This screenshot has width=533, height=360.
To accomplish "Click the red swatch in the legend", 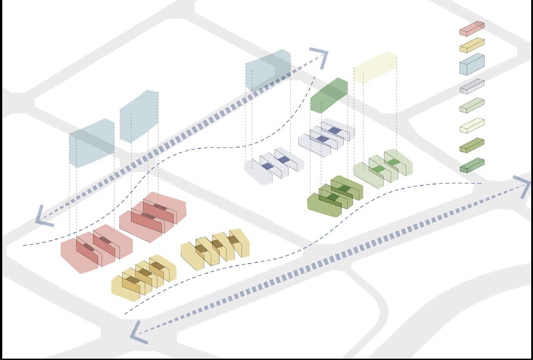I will pyautogui.click(x=472, y=28).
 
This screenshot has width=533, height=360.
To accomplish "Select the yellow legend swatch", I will pyautogui.click(x=472, y=45).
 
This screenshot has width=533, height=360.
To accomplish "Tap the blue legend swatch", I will pyautogui.click(x=472, y=64).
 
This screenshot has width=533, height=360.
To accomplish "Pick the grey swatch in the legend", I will pyautogui.click(x=472, y=86).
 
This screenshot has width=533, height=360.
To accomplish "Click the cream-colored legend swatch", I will pyautogui.click(x=472, y=125).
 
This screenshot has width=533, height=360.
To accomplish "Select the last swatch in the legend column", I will pyautogui.click(x=472, y=165).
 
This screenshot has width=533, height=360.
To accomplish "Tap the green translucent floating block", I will pyautogui.click(x=329, y=95).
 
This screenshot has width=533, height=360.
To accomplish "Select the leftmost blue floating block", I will pyautogui.click(x=91, y=143).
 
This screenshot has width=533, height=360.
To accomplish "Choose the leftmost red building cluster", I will pyautogui.click(x=96, y=248).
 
